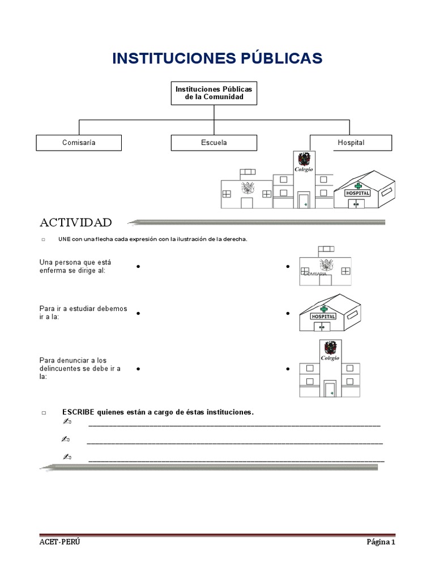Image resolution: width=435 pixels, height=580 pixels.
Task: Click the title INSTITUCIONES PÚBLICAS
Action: point(217,58)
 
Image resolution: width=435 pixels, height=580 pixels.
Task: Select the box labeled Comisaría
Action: point(79,143)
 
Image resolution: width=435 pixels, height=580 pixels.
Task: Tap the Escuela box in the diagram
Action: point(214,143)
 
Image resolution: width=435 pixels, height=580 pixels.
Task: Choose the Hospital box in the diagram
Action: point(351,143)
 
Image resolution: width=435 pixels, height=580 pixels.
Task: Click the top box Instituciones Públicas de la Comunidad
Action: point(214,93)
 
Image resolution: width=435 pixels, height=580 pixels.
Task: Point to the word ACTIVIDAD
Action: point(75,222)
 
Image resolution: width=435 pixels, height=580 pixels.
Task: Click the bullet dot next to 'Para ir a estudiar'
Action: point(138,313)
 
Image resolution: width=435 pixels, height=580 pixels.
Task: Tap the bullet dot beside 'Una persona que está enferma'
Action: point(138,266)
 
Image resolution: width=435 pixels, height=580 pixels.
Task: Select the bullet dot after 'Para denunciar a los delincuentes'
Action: point(138,369)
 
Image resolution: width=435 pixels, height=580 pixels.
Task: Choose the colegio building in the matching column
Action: point(330,369)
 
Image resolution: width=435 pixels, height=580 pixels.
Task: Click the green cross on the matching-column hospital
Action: point(325,309)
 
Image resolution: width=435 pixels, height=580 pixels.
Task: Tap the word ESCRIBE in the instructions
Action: point(78,412)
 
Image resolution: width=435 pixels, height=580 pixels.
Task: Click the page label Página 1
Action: point(380,542)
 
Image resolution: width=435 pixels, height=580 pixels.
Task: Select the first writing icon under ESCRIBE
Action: point(67,423)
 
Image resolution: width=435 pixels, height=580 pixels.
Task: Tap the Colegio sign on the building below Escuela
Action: point(304,169)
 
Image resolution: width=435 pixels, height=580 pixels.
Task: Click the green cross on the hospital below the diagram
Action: point(358,186)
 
